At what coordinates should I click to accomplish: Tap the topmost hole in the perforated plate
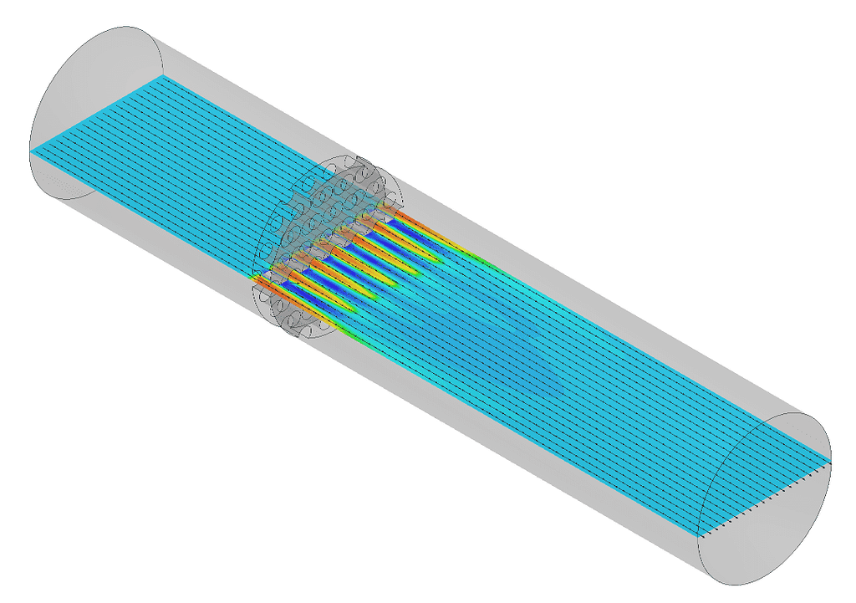coord(365,167)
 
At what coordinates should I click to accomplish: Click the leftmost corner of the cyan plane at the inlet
coord(32,151)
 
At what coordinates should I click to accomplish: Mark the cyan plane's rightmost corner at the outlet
coord(832,461)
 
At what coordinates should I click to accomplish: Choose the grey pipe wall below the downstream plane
coord(502,452)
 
